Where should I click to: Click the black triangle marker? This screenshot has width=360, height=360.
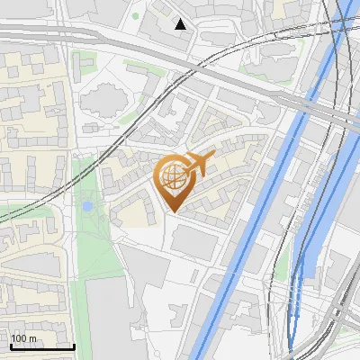click(181, 24)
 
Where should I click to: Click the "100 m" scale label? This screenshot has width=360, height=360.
click(24, 338)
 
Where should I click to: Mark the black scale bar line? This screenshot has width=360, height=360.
click(42, 346)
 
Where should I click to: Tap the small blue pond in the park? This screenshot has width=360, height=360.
click(86, 207)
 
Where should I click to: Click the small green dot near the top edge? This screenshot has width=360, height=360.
click(136, 15)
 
